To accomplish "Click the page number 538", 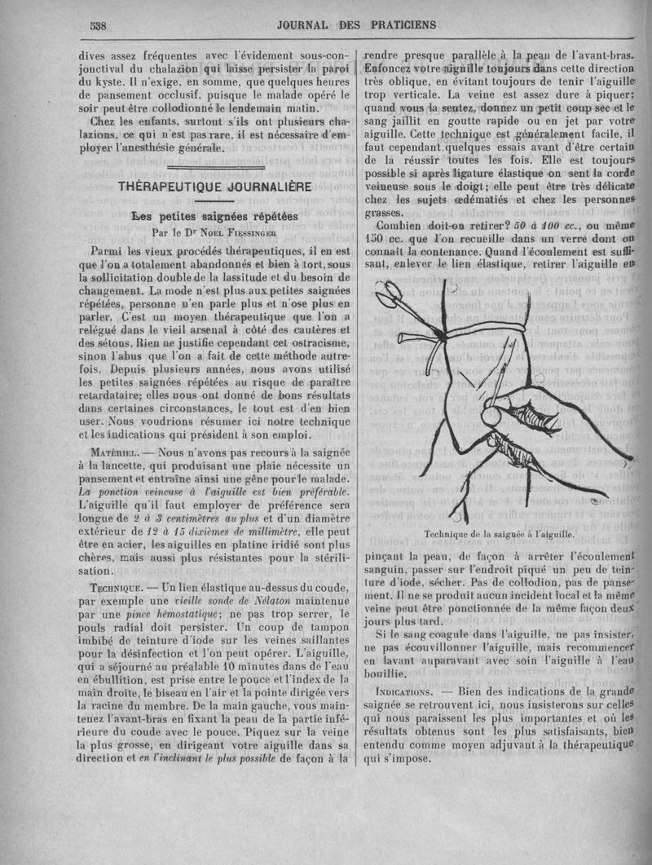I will coord(99,25).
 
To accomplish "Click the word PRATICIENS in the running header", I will coord(399,24).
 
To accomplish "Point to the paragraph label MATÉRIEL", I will coord(117,451).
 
